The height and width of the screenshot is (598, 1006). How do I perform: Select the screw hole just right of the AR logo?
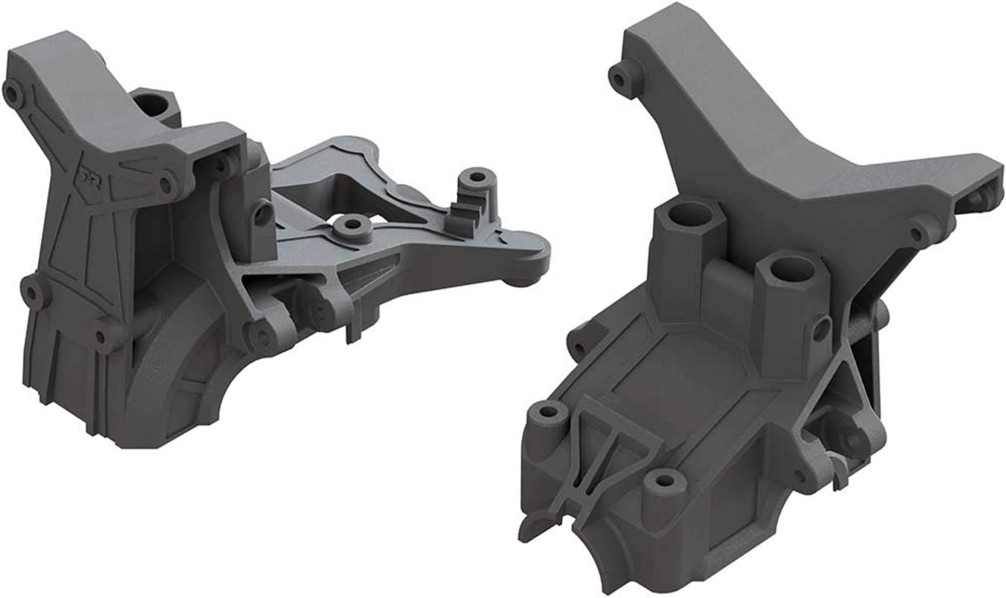[x=165, y=186]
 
